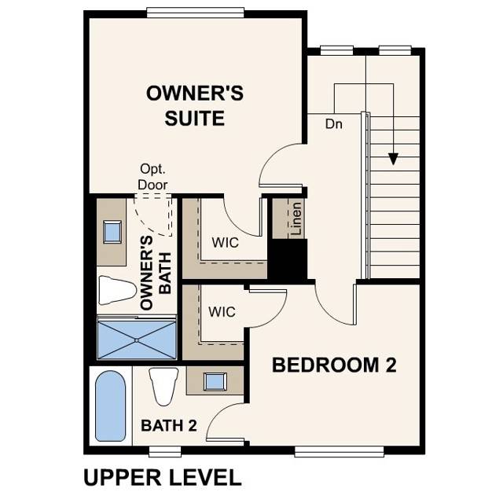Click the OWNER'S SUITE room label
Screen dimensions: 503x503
coord(195,106)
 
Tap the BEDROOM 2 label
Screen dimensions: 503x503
coord(334,365)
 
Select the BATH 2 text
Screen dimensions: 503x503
coord(168,425)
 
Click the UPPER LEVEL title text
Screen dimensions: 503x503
coord(162,476)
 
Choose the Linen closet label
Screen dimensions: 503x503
coord(296,219)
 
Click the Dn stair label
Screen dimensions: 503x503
coord(335,123)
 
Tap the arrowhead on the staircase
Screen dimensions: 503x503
coord(392,159)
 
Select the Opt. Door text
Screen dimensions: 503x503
coord(153,176)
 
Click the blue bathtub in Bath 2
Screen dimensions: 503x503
coord(109,406)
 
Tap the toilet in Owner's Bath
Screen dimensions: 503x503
coord(117,291)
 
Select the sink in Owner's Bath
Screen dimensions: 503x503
coord(112,231)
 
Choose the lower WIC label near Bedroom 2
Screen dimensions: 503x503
coord(222,312)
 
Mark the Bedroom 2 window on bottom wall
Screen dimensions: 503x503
coord(340,451)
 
